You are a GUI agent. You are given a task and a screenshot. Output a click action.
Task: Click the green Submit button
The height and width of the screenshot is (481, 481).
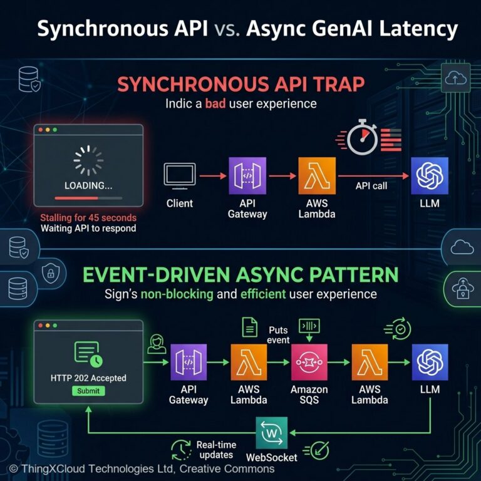pyautogui.click(x=88, y=391)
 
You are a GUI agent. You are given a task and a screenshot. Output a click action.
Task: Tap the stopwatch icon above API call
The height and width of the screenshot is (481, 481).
pyautogui.click(x=362, y=139)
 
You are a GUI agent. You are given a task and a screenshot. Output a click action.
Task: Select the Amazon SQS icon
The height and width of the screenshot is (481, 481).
pyautogui.click(x=309, y=362)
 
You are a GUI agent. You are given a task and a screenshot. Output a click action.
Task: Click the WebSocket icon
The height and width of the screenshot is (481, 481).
pyautogui.click(x=272, y=433)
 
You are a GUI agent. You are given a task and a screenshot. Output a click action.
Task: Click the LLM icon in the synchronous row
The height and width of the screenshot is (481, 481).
pyautogui.click(x=430, y=175)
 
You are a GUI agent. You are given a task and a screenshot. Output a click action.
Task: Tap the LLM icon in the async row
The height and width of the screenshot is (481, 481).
pyautogui.click(x=430, y=363)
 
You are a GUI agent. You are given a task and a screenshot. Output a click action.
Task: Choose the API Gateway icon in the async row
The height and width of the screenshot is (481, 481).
pyautogui.click(x=189, y=363)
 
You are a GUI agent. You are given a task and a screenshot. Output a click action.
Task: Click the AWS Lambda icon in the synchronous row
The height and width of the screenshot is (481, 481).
pyautogui.click(x=317, y=175)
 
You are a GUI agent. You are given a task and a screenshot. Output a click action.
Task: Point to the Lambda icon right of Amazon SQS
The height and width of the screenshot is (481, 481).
pyautogui.click(x=370, y=363)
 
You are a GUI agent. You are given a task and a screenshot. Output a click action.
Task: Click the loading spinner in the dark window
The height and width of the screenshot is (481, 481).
pyautogui.click(x=88, y=161)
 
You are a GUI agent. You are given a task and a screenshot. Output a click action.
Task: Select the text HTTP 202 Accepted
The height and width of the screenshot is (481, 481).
pyautogui.click(x=88, y=378)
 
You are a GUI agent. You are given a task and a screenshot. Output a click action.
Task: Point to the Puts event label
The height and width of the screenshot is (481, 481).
pyautogui.click(x=279, y=335)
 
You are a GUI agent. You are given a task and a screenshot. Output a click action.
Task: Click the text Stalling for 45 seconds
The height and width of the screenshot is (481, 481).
pyautogui.click(x=88, y=217)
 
